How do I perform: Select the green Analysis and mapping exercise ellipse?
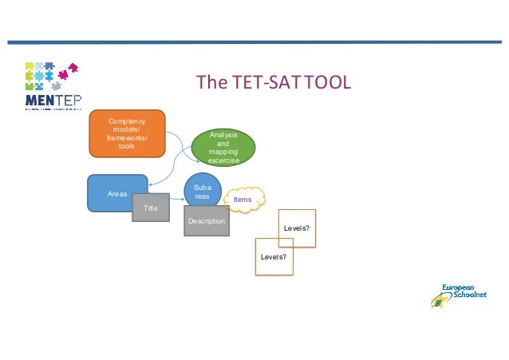tap(223, 148)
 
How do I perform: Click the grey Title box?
tap(151, 208)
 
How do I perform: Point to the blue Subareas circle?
tap(202, 189)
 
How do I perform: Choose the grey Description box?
tap(206, 221)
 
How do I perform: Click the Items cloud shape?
tap(244, 198)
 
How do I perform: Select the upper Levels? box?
tap(297, 229)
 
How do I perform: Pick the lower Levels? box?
tap(274, 257)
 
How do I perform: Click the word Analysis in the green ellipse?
tap(223, 136)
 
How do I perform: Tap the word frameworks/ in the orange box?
tap(126, 137)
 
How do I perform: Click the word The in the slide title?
tap(207, 83)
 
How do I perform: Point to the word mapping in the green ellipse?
tap(223, 152)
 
